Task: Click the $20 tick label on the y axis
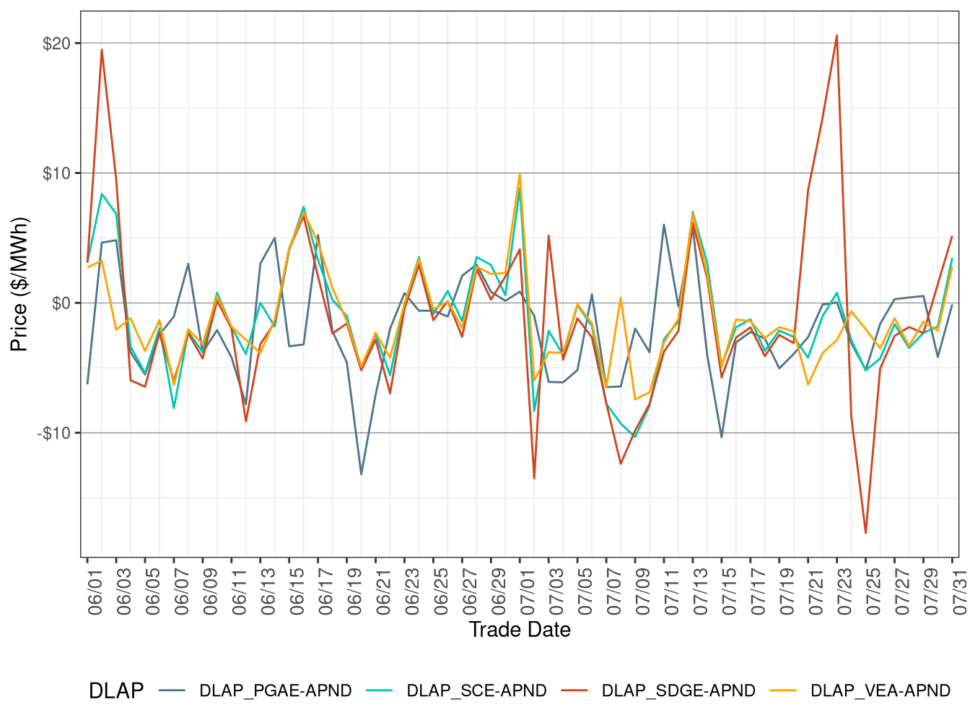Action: (57, 43)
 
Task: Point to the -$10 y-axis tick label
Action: (54, 433)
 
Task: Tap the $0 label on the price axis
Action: (61, 303)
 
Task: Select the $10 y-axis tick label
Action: (57, 173)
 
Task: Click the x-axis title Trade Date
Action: (520, 630)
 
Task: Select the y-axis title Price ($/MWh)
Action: (19, 284)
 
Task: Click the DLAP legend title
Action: (115, 691)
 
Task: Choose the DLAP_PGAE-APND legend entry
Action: (275, 691)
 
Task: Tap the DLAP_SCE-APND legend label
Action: (476, 691)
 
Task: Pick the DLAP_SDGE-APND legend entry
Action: (678, 691)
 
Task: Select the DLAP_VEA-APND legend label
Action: (880, 691)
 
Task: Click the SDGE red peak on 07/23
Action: (836, 35)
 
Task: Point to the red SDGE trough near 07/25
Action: (865, 533)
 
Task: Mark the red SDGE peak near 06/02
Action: (102, 50)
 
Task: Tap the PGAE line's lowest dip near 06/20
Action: (362, 474)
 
